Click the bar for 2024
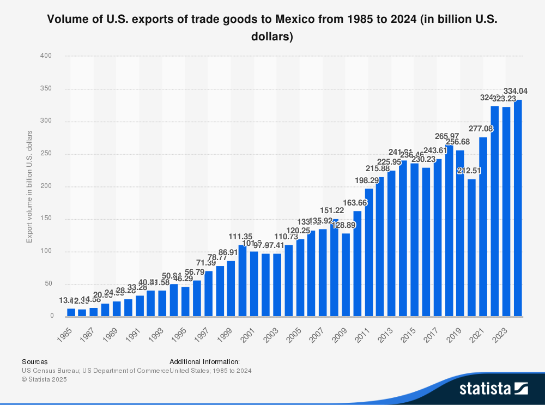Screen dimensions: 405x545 (x=518, y=208)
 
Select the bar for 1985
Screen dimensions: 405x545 (x=71, y=312)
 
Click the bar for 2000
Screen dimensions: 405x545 (x=243, y=280)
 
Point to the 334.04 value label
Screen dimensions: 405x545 (x=514, y=91)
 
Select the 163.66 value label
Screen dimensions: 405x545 (x=357, y=202)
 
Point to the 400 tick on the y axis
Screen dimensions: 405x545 (x=47, y=56)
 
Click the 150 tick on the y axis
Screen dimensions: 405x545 (x=47, y=219)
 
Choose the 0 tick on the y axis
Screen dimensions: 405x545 (x=52, y=316)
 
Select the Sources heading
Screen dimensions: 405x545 (x=34, y=361)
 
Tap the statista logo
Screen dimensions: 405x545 (x=493, y=388)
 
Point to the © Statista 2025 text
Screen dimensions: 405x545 (x=44, y=379)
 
